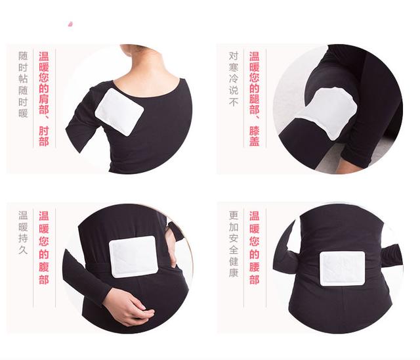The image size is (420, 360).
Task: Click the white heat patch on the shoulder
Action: [119, 112]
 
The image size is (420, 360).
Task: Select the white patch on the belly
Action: [133, 256]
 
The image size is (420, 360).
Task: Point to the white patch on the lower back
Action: [343, 268]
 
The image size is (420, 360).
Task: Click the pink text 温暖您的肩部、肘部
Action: [44, 99]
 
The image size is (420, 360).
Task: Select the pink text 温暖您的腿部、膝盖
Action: [255, 99]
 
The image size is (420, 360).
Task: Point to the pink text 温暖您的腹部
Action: [44, 248]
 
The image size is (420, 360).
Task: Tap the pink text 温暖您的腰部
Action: [255, 248]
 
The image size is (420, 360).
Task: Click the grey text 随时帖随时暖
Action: [23, 85]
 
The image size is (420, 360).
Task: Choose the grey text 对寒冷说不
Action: [234, 79]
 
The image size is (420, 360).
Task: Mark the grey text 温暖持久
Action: [23, 233]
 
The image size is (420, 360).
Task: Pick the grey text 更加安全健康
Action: [234, 244]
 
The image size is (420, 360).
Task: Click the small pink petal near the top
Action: [70, 24]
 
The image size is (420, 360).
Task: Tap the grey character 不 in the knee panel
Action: [234, 102]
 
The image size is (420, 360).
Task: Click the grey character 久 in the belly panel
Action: [23, 250]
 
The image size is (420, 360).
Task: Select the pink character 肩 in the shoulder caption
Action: [44, 99]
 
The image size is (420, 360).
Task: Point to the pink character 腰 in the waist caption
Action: [255, 266]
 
